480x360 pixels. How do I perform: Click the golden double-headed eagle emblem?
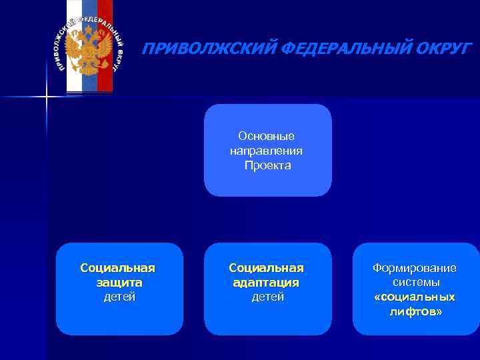[x=89, y=52]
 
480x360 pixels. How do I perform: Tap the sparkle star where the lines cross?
[x=47, y=97]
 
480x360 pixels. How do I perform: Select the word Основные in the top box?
[x=267, y=136]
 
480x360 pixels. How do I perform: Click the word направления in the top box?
[x=267, y=151]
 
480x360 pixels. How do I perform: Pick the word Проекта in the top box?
[x=267, y=165]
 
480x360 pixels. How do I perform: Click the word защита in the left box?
[x=119, y=283]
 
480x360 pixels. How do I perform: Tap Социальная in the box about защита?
[x=118, y=268]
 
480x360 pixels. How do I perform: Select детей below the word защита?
[x=119, y=297]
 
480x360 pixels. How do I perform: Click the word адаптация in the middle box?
[x=267, y=283]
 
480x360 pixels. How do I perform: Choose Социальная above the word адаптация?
[x=267, y=268]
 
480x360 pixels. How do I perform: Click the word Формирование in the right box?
[x=415, y=268]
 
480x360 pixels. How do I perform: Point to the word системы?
[x=416, y=283]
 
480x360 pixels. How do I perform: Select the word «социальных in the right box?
[x=415, y=297]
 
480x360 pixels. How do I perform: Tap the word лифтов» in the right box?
[x=416, y=312]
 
